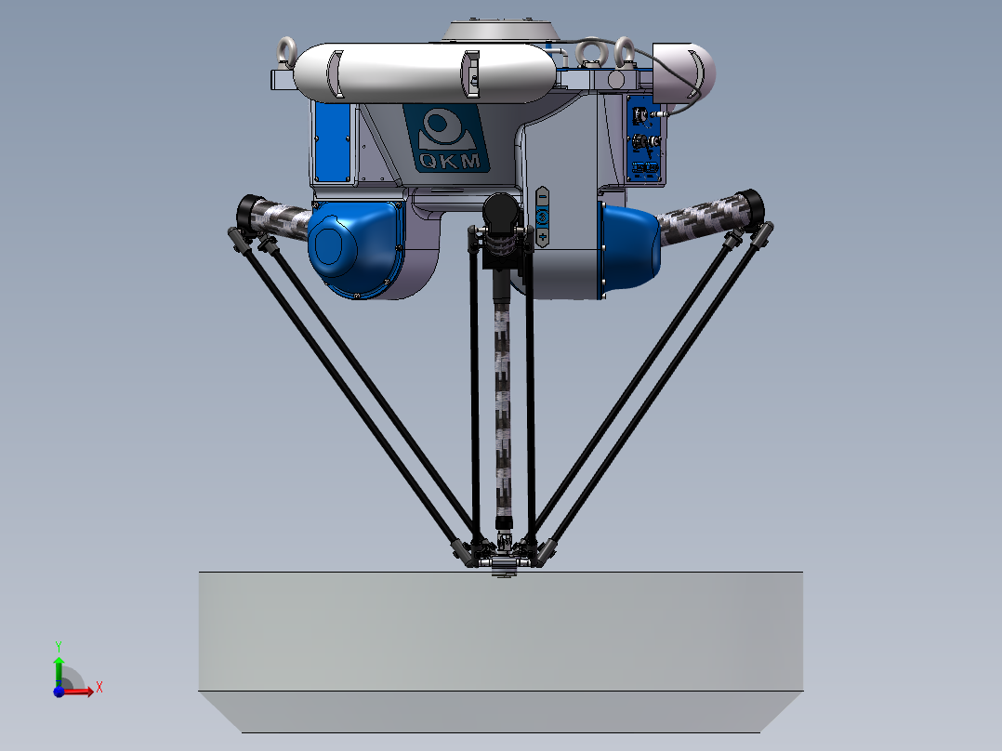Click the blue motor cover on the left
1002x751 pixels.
click(x=352, y=248)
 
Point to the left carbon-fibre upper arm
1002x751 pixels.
click(x=280, y=219)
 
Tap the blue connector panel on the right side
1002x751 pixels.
click(x=644, y=138)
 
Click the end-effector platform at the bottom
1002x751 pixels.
click(x=503, y=561)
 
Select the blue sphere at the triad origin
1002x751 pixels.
click(x=59, y=692)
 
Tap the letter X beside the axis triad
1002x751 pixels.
click(x=99, y=687)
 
